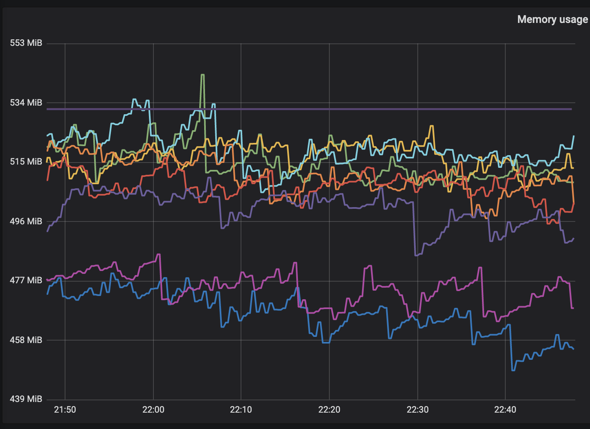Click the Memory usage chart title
pyautogui.click(x=552, y=20)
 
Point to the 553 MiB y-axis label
pyautogui.click(x=26, y=43)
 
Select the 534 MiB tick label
pyautogui.click(x=26, y=102)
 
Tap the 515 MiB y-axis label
pyautogui.click(x=26, y=162)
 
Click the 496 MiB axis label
pyautogui.click(x=26, y=221)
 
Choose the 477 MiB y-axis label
pyautogui.click(x=26, y=280)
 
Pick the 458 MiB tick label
pyautogui.click(x=26, y=340)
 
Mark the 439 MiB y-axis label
pyautogui.click(x=26, y=399)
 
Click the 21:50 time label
pyautogui.click(x=65, y=410)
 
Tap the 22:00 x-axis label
pyautogui.click(x=153, y=410)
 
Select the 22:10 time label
pyautogui.click(x=241, y=410)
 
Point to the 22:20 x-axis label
pyautogui.click(x=329, y=410)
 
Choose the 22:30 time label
pyautogui.click(x=417, y=410)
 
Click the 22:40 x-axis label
pyautogui.click(x=505, y=410)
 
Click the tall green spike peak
pyautogui.click(x=203, y=75)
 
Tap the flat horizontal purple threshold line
pyautogui.click(x=327, y=109)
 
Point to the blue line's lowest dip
pyautogui.click(x=513, y=370)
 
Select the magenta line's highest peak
pyautogui.click(x=159, y=254)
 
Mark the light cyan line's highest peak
pyautogui.click(x=134, y=99)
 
